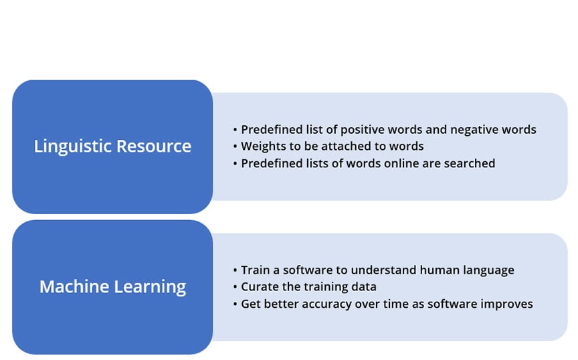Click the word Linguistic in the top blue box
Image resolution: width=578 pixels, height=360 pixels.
point(73,147)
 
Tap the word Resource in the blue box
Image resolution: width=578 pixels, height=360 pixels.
point(154,146)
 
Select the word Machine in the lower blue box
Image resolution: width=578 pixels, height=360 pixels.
point(74,286)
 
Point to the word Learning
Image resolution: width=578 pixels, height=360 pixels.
point(150,287)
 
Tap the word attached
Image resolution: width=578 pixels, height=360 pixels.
point(346,147)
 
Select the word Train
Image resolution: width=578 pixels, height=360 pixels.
point(255,270)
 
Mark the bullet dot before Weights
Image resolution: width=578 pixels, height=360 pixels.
point(235,147)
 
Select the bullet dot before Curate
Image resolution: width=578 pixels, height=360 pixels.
point(235,287)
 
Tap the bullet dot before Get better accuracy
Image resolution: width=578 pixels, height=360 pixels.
point(235,304)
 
